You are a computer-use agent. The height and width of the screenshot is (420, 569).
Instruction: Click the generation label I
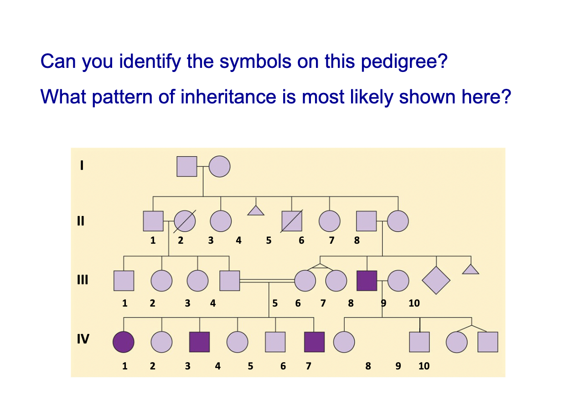pos(82,166)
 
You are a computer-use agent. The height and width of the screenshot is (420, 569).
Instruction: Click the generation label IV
pos(83,339)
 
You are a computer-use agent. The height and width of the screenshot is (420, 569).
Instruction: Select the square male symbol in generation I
pos(187,166)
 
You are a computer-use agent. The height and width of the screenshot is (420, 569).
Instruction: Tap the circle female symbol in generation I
pos(219,166)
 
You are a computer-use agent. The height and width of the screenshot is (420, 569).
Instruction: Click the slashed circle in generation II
pos(185,221)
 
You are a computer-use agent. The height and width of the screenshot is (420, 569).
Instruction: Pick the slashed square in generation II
pos(292,221)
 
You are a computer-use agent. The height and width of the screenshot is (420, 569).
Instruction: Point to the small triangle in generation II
pos(256,210)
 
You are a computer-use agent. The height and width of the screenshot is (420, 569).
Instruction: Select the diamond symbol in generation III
pos(436,280)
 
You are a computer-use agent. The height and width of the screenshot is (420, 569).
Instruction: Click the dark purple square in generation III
pos(367,281)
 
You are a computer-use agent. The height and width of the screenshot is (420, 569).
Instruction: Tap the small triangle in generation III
pos(471,269)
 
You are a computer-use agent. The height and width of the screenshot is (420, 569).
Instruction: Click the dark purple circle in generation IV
pos(124,342)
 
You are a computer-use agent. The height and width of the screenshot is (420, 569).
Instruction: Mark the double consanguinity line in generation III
pos(267,281)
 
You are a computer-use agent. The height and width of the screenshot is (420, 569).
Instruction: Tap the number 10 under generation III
pos(414,303)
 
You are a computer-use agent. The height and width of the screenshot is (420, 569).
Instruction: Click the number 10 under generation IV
pos(424,366)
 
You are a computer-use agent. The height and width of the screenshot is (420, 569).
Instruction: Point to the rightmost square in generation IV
pos(487,342)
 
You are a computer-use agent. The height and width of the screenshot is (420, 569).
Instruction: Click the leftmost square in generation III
pos(124,281)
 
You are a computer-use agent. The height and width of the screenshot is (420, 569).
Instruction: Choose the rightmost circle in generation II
pos(398,221)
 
